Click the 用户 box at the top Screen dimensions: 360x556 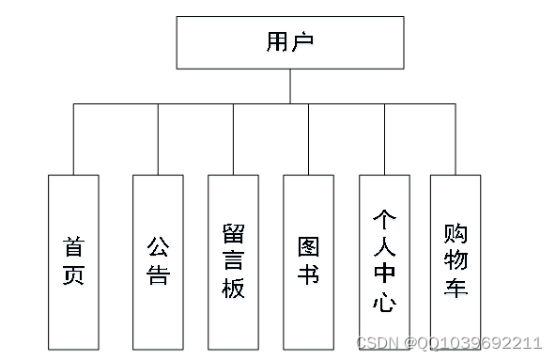click(289, 42)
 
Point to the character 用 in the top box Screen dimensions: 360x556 click(277, 42)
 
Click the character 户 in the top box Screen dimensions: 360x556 click(302, 42)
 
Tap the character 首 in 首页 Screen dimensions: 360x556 click(73, 246)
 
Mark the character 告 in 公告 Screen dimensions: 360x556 click(158, 274)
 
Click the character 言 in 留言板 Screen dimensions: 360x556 click(233, 260)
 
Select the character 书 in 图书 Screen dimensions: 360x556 click(308, 274)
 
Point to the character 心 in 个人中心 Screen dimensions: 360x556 click(384, 302)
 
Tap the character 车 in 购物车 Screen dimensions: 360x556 click(456, 287)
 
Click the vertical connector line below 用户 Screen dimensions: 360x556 click(289, 86)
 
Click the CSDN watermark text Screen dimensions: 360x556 click(451, 342)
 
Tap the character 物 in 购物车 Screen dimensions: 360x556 click(456, 258)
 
